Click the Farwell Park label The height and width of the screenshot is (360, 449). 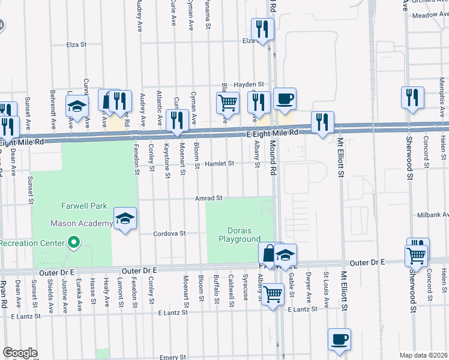click(84, 206)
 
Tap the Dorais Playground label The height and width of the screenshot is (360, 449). click(239, 235)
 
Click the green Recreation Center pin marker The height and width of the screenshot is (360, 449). click(74, 242)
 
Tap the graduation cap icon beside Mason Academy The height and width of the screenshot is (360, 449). click(125, 220)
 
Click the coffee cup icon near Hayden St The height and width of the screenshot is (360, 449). click(285, 99)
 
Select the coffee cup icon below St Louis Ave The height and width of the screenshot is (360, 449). click(340, 338)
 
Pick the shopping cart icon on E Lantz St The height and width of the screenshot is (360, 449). click(273, 295)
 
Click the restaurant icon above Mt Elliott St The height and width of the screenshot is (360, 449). click(322, 122)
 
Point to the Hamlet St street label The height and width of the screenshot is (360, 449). click(217, 163)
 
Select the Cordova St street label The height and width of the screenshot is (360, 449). click(170, 233)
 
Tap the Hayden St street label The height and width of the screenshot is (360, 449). click(249, 85)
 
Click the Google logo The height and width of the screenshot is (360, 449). click(20, 353)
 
